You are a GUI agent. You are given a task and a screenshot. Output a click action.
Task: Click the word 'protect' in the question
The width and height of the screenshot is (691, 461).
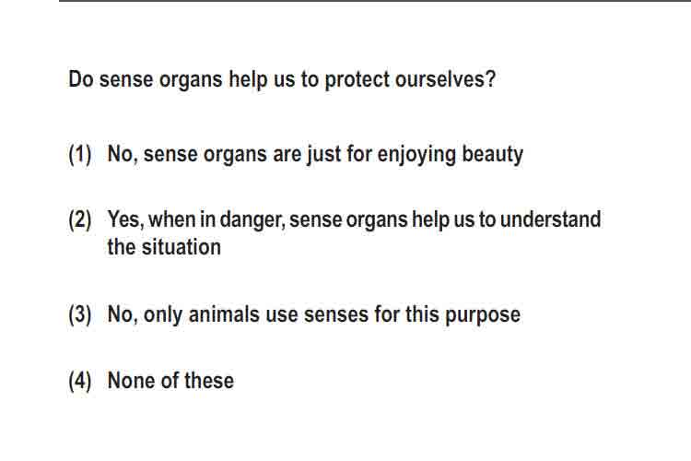[357, 80]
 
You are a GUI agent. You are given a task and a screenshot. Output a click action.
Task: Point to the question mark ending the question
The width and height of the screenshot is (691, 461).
[490, 79]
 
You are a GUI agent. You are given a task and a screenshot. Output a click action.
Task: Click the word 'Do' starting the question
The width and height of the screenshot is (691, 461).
[81, 79]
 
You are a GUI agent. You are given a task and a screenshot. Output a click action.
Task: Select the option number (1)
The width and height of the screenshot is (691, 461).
[80, 154]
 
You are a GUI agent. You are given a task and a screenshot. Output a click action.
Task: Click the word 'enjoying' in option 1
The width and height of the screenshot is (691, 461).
[416, 155]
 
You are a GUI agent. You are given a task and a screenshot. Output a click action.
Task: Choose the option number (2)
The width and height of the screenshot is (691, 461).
[80, 219]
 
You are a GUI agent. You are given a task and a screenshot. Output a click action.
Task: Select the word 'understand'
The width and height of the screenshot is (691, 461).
[550, 219]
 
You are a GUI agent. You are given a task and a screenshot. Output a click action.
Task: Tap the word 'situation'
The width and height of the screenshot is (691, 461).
[182, 247]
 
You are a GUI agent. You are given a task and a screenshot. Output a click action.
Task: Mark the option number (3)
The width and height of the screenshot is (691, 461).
[80, 314]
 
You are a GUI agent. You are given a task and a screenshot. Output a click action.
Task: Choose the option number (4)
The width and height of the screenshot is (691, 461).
[80, 381]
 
